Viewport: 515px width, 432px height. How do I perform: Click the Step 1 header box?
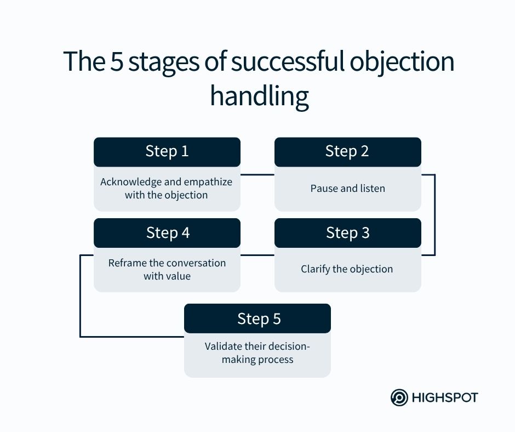coord(167,152)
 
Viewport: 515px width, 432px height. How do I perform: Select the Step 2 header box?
coord(347,152)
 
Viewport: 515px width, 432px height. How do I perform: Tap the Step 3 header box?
coord(347,233)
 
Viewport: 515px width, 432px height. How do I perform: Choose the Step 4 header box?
coord(167,233)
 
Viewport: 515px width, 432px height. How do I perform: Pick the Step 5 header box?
coord(257,319)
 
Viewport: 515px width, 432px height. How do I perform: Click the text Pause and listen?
coord(347,189)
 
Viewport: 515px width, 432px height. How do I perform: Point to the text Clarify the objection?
coord(347,269)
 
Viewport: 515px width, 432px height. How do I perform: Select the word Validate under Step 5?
coord(224,346)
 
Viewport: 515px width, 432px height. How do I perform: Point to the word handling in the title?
coord(259,96)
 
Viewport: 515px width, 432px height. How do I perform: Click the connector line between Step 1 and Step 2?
coord(257,175)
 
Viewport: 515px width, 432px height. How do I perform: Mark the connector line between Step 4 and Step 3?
coord(257,255)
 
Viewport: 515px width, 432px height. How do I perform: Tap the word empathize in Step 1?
coord(207,182)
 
